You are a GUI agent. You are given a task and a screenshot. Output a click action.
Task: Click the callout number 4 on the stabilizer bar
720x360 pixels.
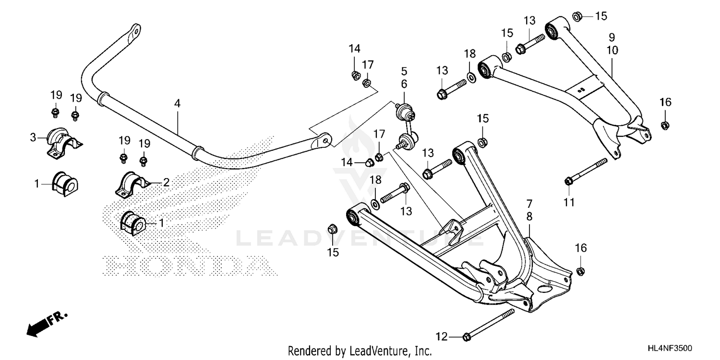click(x=178, y=103)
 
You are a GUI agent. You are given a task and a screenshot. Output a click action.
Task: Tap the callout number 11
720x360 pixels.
click(x=569, y=203)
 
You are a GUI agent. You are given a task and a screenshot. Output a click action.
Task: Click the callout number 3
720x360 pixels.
click(x=33, y=138)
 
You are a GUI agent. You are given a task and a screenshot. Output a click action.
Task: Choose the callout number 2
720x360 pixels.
click(x=166, y=182)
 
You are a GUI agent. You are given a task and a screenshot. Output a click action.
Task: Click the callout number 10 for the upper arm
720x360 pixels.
click(x=612, y=50)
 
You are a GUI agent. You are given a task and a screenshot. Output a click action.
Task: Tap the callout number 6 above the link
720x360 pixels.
click(x=404, y=84)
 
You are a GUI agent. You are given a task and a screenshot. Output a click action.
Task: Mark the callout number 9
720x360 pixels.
click(x=612, y=37)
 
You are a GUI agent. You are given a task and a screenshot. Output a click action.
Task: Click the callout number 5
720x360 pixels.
click(x=404, y=71)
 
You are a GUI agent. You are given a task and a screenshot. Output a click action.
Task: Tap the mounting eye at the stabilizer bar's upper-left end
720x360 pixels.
click(x=135, y=31)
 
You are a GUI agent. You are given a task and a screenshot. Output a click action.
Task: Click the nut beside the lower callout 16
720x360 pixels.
click(x=580, y=271)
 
